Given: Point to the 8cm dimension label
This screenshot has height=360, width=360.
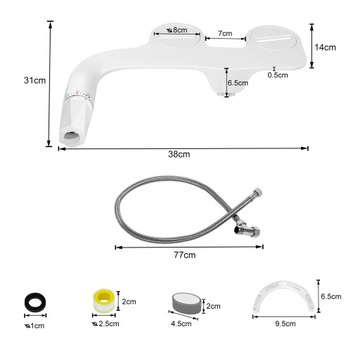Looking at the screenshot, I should coord(177,30).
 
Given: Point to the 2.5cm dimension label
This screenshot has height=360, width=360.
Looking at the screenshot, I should coord(108,325).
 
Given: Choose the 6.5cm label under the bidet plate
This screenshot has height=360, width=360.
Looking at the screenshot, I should coord(238,84).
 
